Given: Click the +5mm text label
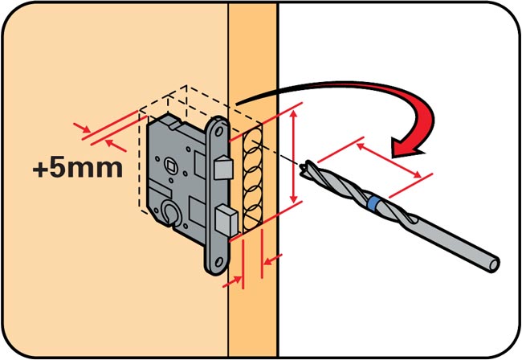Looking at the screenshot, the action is click(78, 168).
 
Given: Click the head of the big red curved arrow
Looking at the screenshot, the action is click(408, 145).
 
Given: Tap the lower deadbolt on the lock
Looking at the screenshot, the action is click(226, 220).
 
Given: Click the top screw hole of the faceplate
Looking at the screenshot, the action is click(219, 132).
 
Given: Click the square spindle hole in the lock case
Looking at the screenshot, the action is click(172, 165).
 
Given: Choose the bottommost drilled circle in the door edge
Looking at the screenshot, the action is click(252, 217).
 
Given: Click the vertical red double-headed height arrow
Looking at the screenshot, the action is click(293, 156).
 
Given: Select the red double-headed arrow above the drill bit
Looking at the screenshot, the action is click(389, 161).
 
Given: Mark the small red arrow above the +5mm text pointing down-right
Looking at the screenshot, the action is click(82, 128).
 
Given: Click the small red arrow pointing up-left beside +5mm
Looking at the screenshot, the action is click(116, 145).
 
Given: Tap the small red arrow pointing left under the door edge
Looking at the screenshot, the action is click(273, 260).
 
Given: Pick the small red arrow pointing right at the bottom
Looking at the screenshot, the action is click(232, 282).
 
